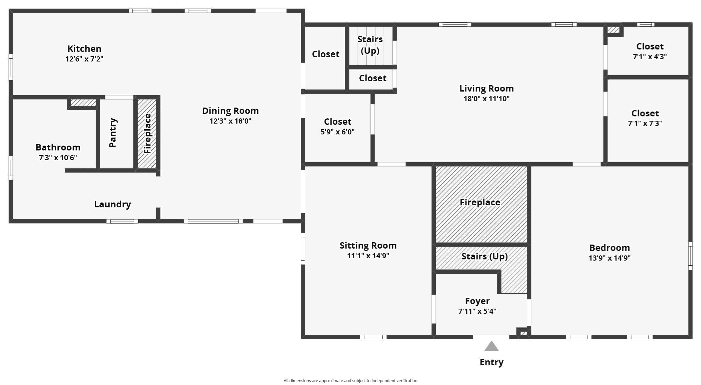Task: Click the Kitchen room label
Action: (x=84, y=49)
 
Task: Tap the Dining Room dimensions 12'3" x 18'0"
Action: (x=230, y=121)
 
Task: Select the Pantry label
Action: (x=113, y=133)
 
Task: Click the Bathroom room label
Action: (x=58, y=147)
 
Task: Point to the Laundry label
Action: (x=112, y=204)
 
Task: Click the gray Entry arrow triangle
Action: (x=491, y=346)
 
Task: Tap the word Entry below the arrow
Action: (x=492, y=362)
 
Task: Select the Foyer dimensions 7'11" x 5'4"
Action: (x=477, y=311)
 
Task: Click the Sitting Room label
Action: (x=368, y=246)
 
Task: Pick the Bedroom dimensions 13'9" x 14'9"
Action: (x=609, y=258)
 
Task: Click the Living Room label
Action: (x=486, y=89)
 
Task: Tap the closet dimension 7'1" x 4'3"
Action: (x=649, y=57)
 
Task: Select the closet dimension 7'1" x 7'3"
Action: (x=645, y=123)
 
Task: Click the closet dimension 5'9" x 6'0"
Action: (x=337, y=132)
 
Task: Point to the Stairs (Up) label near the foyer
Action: (x=484, y=257)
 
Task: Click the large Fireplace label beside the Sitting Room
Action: (x=480, y=203)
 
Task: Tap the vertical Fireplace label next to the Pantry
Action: (x=147, y=134)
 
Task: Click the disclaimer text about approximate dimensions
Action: (x=350, y=381)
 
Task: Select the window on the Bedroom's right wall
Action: (x=690, y=256)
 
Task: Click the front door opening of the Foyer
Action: (x=491, y=337)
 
